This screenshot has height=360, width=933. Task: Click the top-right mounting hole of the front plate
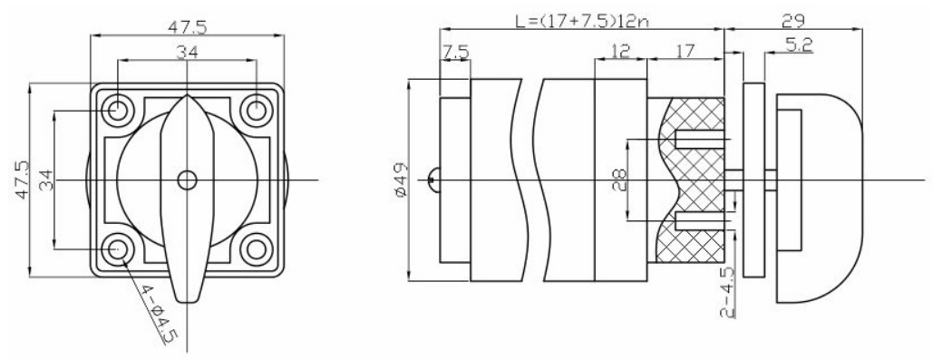pos(257,110)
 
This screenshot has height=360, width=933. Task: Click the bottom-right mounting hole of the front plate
pos(257,248)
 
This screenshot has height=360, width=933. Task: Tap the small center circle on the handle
pos(188,180)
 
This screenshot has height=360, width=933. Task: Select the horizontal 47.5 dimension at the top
pos(188,28)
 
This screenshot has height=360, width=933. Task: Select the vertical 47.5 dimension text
pos(23,180)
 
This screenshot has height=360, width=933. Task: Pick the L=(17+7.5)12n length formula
pos(582,22)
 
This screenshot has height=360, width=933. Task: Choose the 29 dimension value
pos(793,21)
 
